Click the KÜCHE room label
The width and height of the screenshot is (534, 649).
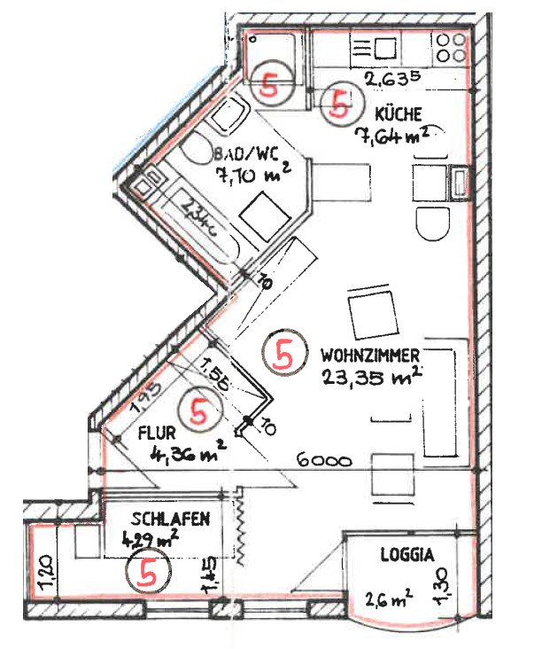[x=398, y=113]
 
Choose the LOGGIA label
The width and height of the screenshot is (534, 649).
[x=406, y=556]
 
